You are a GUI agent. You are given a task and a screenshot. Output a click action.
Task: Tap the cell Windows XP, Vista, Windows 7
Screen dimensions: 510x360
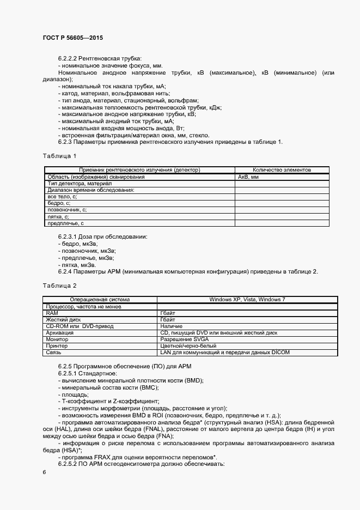(247, 300)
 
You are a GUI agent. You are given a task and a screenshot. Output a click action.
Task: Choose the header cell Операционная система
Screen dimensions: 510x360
(100, 300)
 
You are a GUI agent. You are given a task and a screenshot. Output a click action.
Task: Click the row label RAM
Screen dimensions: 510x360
(52, 313)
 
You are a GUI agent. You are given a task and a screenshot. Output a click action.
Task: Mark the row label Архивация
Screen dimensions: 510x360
(60, 332)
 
